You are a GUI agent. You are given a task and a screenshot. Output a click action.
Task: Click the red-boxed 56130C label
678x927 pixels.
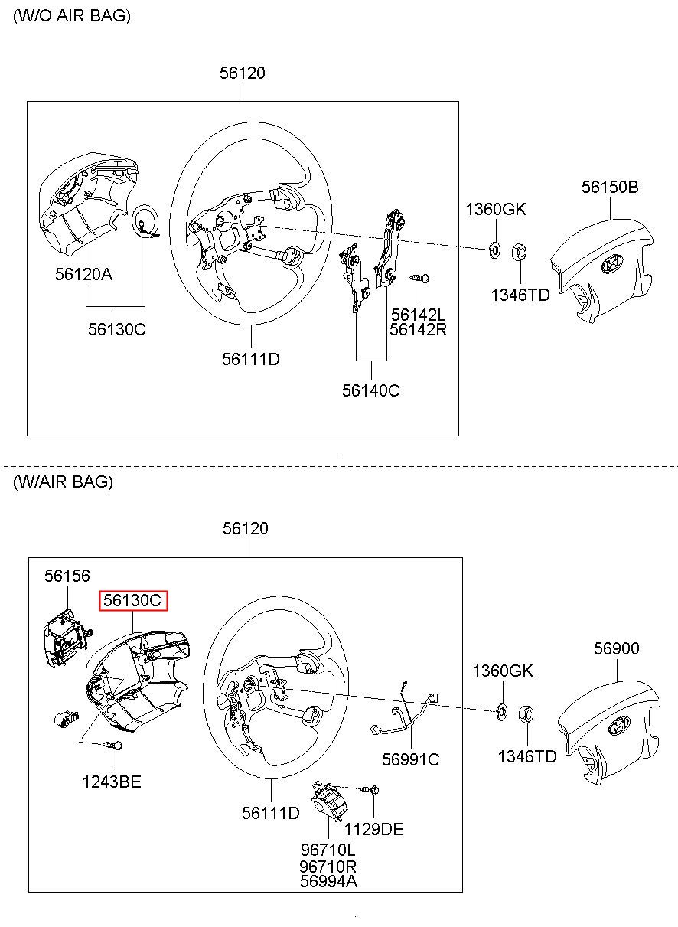pos(132,601)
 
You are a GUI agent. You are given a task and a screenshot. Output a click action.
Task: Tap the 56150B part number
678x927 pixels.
pos(609,188)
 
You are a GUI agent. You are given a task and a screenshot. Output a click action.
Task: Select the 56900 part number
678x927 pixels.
pos(616,648)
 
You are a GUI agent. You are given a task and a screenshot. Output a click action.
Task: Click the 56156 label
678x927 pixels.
pos(67,576)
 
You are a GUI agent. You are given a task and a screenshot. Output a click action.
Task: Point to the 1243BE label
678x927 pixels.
pos(112,782)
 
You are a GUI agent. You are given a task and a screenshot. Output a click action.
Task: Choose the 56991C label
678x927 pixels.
pos(411,759)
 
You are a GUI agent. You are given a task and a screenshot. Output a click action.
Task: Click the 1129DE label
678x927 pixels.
pos(373,829)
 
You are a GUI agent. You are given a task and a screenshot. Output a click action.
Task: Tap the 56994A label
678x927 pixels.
pos(328,881)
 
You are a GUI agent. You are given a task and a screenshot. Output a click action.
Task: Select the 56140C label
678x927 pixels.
pos(370,390)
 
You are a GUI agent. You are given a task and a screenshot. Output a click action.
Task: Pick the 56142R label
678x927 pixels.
pos(418,329)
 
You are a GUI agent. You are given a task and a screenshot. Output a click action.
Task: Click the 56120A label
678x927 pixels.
pos(83,273)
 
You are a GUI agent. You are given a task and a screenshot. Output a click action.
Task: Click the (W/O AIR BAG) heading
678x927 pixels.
pos(72,16)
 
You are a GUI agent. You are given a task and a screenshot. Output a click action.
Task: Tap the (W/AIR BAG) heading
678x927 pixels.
pos(63,481)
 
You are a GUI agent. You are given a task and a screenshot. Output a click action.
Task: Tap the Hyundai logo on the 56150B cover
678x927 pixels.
pos(611,265)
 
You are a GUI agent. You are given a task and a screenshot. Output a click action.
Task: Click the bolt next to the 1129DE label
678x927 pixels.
pos(370,789)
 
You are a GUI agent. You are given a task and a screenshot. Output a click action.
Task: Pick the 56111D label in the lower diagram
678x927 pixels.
pos(271,813)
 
